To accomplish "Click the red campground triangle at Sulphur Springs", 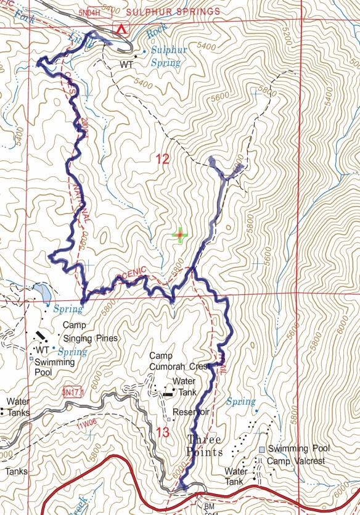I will click(122, 29).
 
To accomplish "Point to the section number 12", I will click(162, 160).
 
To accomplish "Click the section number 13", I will click(162, 433).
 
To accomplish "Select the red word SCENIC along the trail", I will click(129, 271).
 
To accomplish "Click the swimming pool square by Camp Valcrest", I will click(263, 450).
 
